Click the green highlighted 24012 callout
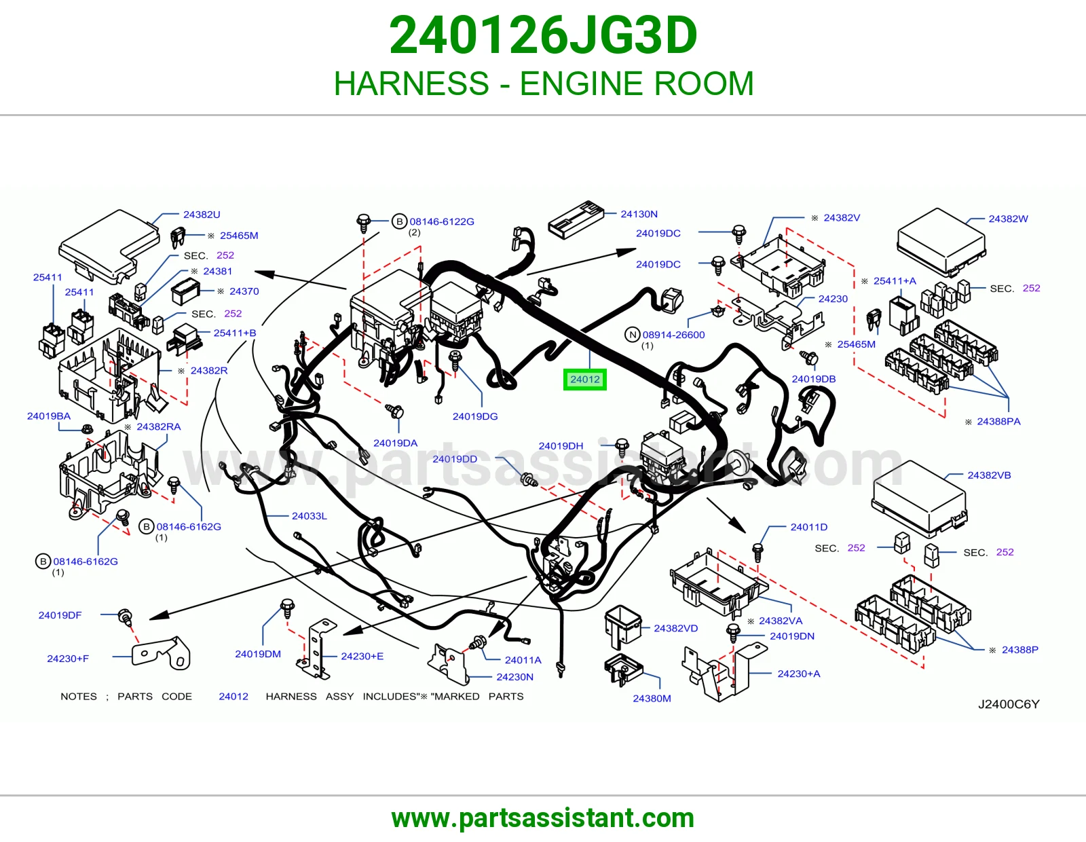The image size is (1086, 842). [584, 380]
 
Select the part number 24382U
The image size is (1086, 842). [202, 215]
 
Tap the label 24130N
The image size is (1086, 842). [639, 214]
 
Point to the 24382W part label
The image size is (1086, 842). [1008, 219]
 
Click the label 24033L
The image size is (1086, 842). [310, 516]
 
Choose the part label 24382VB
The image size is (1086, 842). [989, 475]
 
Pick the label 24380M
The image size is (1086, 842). [652, 699]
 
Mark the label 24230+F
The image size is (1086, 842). [68, 659]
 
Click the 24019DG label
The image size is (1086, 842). [474, 416]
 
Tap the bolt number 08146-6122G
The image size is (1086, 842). [442, 221]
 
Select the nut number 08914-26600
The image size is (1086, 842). [674, 335]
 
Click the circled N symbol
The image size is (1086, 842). [633, 335]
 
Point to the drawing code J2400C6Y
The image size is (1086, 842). [1009, 704]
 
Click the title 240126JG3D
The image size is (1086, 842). [543, 35]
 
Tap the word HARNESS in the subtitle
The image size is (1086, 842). [411, 84]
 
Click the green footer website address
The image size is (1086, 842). [543, 818]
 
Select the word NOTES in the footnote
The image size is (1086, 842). [79, 697]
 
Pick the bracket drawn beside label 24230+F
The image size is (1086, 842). [161, 653]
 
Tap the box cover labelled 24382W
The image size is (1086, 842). [941, 242]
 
